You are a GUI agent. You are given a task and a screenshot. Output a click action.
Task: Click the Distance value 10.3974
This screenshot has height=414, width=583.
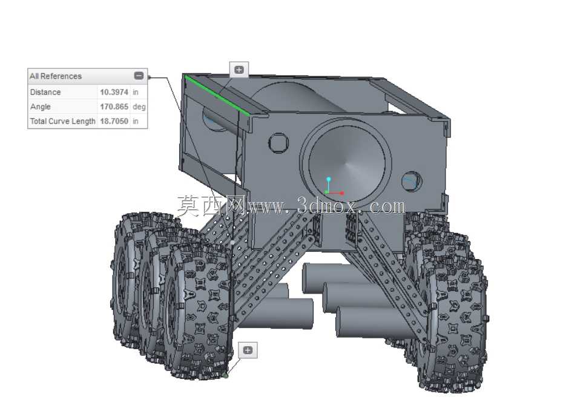pyautogui.click(x=114, y=92)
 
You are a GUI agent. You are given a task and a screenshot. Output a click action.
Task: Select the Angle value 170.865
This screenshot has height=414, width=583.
pyautogui.click(x=114, y=107)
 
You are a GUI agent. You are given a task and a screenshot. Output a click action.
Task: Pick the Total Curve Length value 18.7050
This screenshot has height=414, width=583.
pyautogui.click(x=114, y=121)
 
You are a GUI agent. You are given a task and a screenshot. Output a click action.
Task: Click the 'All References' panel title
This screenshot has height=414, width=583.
pyautogui.click(x=56, y=76)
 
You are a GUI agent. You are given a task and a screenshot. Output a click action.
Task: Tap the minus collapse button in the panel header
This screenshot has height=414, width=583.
pyautogui.click(x=139, y=76)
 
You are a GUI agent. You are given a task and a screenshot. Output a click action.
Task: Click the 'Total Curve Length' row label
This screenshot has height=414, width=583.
pyautogui.click(x=62, y=121)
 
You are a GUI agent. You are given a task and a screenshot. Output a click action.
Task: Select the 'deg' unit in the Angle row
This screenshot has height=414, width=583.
pyautogui.click(x=139, y=107)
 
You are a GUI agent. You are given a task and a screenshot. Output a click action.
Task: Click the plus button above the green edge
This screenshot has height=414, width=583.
pyautogui.click(x=239, y=70)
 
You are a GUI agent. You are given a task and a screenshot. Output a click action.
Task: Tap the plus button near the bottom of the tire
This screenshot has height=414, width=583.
pyautogui.click(x=248, y=350)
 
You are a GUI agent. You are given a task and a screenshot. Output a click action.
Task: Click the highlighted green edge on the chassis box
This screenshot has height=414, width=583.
pyautogui.click(x=217, y=95)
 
